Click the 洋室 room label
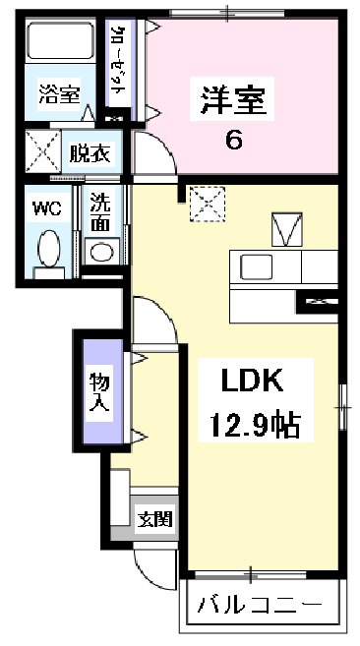pyautogui.click(x=232, y=99)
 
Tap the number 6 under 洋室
pyautogui.click(x=233, y=141)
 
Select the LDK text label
pyautogui.click(x=253, y=381)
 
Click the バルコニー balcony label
pyautogui.click(x=260, y=605)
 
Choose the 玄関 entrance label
pyautogui.click(x=154, y=519)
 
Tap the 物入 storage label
pyautogui.click(x=99, y=391)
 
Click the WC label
pyautogui.click(x=47, y=209)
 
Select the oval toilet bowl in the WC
pyautogui.click(x=48, y=248)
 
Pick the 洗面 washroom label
pyautogui.click(x=100, y=211)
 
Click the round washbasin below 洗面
pyautogui.click(x=101, y=252)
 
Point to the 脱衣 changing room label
pyautogui.click(x=90, y=153)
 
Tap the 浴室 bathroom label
pyautogui.click(x=59, y=94)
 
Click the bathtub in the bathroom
pyautogui.click(x=61, y=40)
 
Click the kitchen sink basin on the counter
pyautogui.click(x=257, y=266)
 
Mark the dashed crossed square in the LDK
pyautogui.click(x=208, y=204)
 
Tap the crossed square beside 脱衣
pyautogui.click(x=43, y=150)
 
